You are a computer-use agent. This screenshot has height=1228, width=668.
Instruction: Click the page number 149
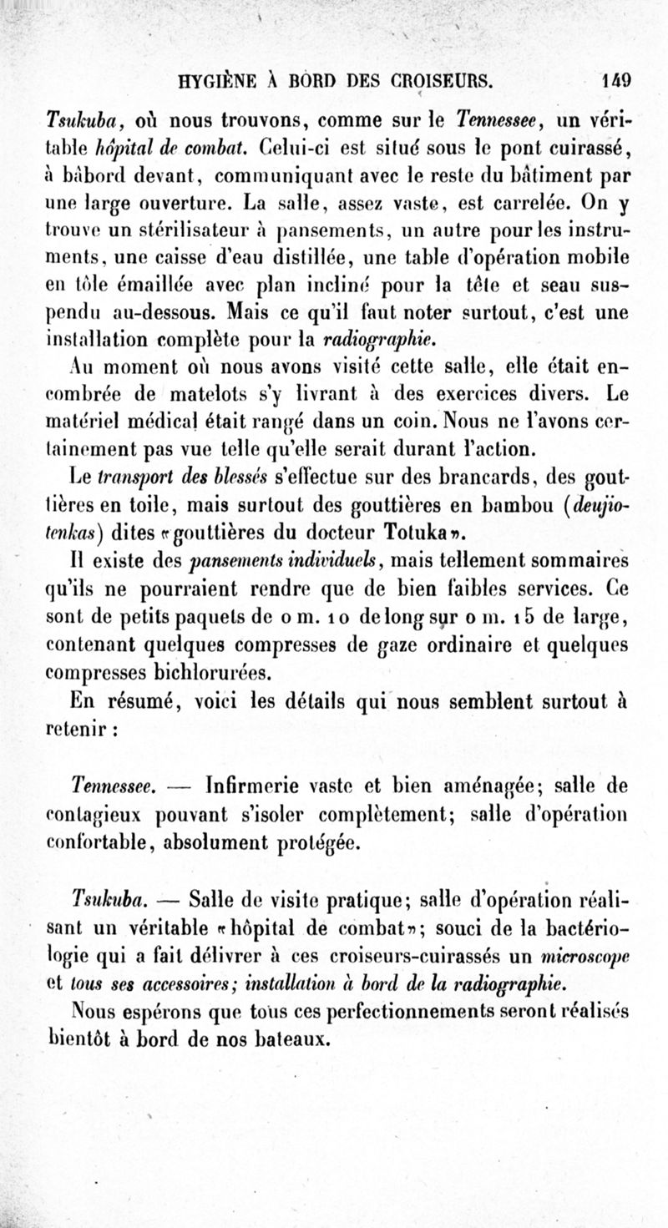point(617,83)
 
